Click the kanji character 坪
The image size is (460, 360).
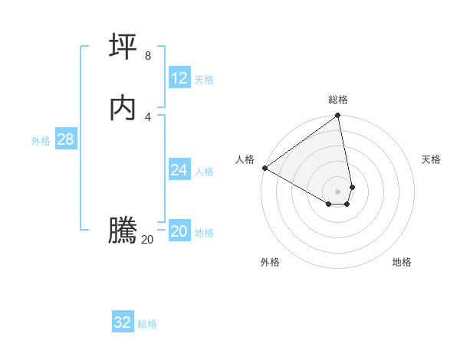[x=123, y=47]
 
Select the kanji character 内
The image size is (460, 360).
[x=123, y=107]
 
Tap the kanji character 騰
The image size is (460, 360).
[x=123, y=231]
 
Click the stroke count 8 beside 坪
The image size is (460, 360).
[x=148, y=56]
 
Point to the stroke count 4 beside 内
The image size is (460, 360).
[x=148, y=116]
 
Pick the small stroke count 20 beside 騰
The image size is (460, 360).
[x=147, y=240]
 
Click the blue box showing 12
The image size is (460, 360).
[x=179, y=78]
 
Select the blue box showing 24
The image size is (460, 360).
[x=179, y=170]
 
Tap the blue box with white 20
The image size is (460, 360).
[x=179, y=232]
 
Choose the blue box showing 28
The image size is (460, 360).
[x=65, y=139]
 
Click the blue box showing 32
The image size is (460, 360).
[x=123, y=322]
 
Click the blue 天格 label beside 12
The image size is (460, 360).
[x=204, y=80]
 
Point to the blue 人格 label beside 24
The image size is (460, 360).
[x=204, y=172]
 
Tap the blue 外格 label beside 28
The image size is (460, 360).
[x=41, y=141]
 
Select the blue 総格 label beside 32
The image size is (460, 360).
[x=147, y=324]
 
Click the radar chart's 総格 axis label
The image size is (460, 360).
[x=338, y=100]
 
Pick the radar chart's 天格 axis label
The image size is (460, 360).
[x=431, y=159]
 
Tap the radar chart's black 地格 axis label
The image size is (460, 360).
[x=402, y=262]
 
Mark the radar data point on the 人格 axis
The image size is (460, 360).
[x=264, y=168]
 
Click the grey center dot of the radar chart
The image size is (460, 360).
[x=338, y=191]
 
